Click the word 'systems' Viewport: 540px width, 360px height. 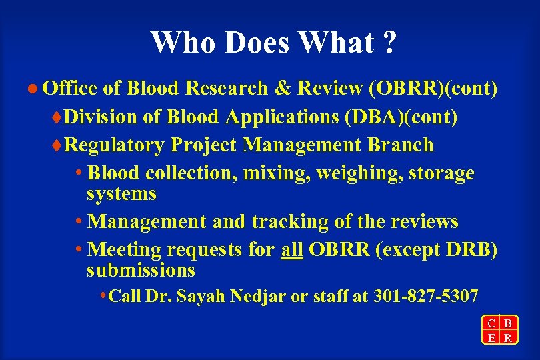point(121,194)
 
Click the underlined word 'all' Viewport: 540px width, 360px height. point(292,250)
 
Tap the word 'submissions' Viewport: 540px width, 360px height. point(141,270)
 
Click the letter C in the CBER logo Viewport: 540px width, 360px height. point(491,323)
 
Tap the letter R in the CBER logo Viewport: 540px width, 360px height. point(508,337)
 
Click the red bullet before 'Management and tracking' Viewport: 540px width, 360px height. point(79,221)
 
